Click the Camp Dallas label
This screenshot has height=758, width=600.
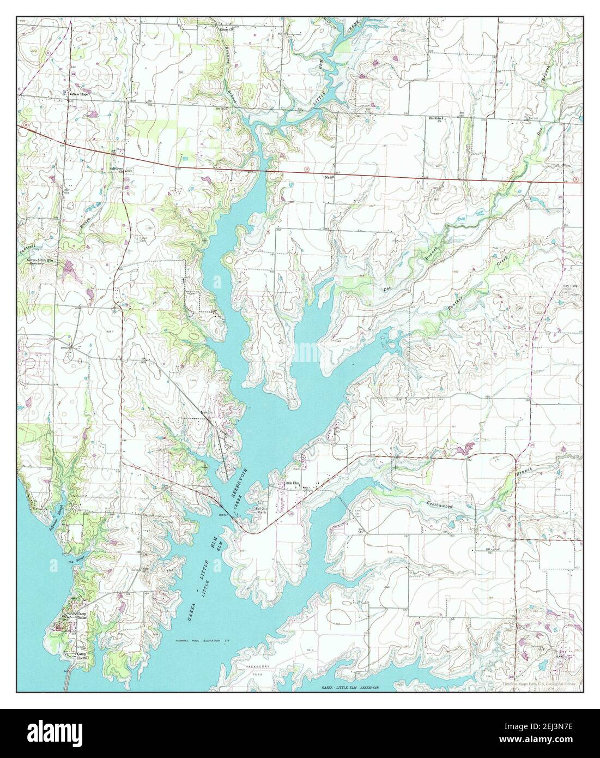click(x=82, y=616)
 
